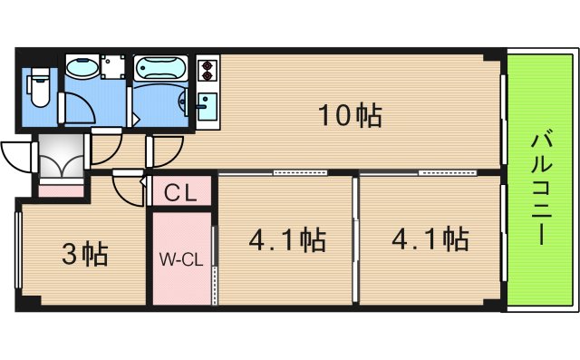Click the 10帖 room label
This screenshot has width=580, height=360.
coord(349,116)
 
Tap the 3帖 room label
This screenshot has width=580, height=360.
coord(84,254)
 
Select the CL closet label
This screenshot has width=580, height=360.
coord(182,193)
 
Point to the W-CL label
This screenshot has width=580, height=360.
coord(180,259)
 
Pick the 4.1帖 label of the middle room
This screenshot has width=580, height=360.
coord(287,240)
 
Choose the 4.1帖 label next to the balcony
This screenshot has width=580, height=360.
coord(430,240)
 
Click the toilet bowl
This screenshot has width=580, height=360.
coord(38,87)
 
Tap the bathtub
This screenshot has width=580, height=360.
coord(160,70)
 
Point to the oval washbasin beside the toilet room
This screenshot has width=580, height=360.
coord(82,70)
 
